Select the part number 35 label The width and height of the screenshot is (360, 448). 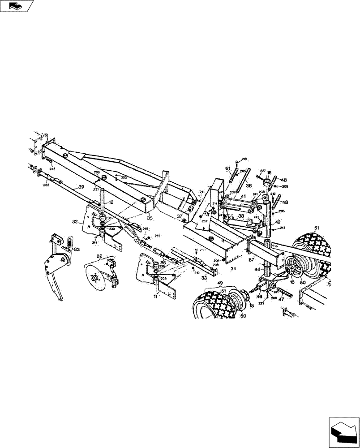150,218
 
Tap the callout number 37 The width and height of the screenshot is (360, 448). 179,216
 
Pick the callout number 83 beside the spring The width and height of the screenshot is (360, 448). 77,250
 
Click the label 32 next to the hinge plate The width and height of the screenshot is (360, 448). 75,221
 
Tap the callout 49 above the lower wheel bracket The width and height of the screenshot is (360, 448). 219,284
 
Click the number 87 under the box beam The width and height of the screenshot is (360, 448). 252,259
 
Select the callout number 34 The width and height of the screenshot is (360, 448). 233,269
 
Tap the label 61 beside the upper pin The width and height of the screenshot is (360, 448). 227,168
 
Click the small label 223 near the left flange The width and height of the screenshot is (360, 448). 52,169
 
